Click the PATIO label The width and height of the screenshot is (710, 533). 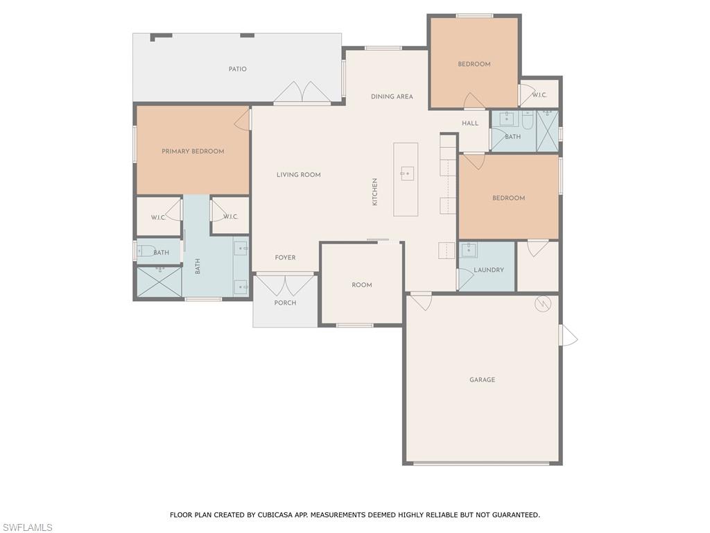tap(238, 69)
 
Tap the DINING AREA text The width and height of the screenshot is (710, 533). tap(392, 97)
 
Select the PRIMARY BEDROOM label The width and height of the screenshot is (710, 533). tap(193, 151)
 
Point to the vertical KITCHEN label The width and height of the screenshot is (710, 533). tap(375, 192)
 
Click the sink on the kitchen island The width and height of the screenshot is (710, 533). tap(407, 174)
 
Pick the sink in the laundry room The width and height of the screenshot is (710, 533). tap(469, 250)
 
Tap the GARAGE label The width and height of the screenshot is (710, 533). tap(482, 380)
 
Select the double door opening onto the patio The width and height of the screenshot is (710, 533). tap(302, 94)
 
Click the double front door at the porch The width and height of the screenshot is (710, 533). tap(285, 285)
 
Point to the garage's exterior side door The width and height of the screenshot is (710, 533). tap(568, 336)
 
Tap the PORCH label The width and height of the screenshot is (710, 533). tap(285, 303)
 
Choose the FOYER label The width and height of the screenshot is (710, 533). tap(285, 258)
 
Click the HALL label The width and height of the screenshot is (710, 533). tap(470, 124)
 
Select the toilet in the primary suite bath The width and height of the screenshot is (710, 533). tap(147, 252)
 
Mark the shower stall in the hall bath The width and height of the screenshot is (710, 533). tap(547, 130)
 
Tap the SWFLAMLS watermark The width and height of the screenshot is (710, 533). tap(26, 528)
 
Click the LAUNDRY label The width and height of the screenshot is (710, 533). tap(489, 270)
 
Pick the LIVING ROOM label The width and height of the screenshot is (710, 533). tap(299, 175)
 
